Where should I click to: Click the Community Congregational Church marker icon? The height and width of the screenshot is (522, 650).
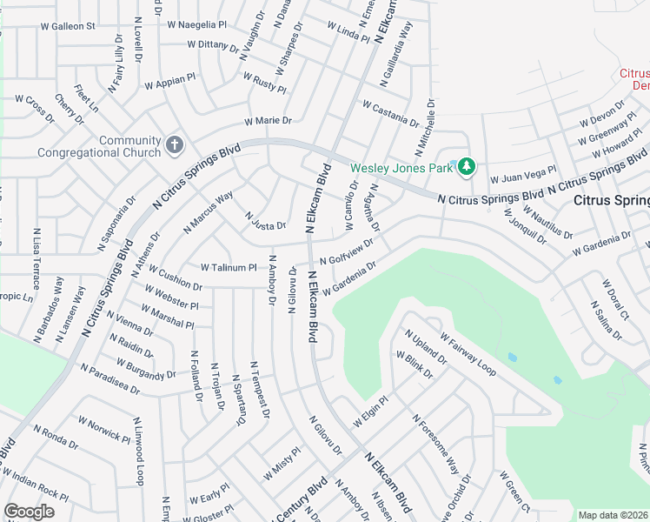(x=175, y=145)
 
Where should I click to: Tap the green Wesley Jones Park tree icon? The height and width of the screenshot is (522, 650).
(x=468, y=166)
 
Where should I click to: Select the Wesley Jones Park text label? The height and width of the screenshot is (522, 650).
(x=402, y=167)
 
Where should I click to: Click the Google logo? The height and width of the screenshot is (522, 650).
(x=30, y=511)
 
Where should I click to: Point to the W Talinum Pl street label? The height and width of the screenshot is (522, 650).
(x=229, y=268)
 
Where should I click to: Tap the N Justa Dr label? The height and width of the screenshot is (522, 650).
(x=265, y=221)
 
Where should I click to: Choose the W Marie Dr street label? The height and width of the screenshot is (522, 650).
(x=268, y=121)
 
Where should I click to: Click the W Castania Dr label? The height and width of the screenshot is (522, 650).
(x=391, y=113)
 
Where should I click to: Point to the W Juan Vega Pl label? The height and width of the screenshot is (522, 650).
(x=523, y=177)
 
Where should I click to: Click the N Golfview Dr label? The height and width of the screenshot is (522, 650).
(x=347, y=253)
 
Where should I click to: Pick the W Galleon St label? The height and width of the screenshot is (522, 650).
(x=67, y=26)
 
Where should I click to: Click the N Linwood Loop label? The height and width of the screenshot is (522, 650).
(x=138, y=451)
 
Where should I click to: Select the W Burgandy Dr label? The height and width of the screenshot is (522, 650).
(x=133, y=368)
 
